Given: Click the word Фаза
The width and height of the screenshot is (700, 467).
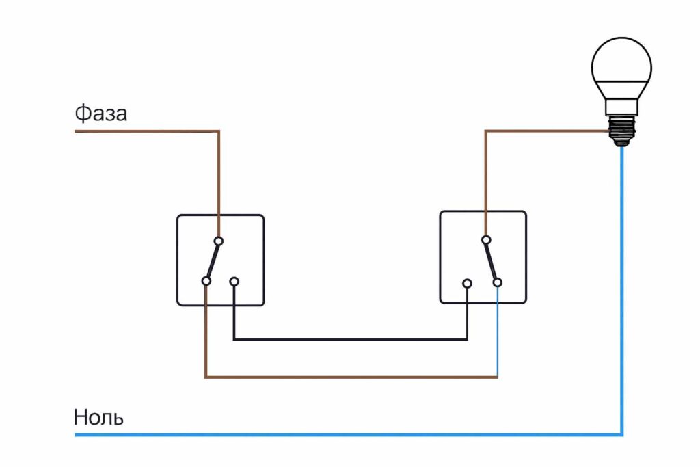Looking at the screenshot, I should (100, 114).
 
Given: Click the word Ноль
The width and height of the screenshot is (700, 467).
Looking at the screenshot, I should (98, 417).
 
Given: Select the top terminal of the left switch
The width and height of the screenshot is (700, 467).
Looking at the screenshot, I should (219, 241).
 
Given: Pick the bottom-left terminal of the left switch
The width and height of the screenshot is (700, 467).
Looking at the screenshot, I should (206, 281).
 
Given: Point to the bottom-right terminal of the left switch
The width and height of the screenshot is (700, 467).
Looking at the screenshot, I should (234, 281).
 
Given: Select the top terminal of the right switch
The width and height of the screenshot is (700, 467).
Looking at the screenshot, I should (485, 240).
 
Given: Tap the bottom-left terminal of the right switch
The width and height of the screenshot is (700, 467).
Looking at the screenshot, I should (467, 282).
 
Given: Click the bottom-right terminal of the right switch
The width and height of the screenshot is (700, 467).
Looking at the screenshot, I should (498, 282).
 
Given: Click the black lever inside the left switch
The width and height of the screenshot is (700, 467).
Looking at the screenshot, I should (213, 261).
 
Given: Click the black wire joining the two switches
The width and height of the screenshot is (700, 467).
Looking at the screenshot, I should (350, 339).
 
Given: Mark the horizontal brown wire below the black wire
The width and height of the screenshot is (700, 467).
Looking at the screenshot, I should (350, 377).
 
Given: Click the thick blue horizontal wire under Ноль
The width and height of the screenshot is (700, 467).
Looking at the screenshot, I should (342, 434).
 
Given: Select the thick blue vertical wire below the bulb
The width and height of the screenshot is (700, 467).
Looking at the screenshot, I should (622, 287).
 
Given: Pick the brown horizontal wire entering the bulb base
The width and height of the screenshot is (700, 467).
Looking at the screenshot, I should (547, 131).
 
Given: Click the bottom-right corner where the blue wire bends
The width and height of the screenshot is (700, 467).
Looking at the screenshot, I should (622, 434).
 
